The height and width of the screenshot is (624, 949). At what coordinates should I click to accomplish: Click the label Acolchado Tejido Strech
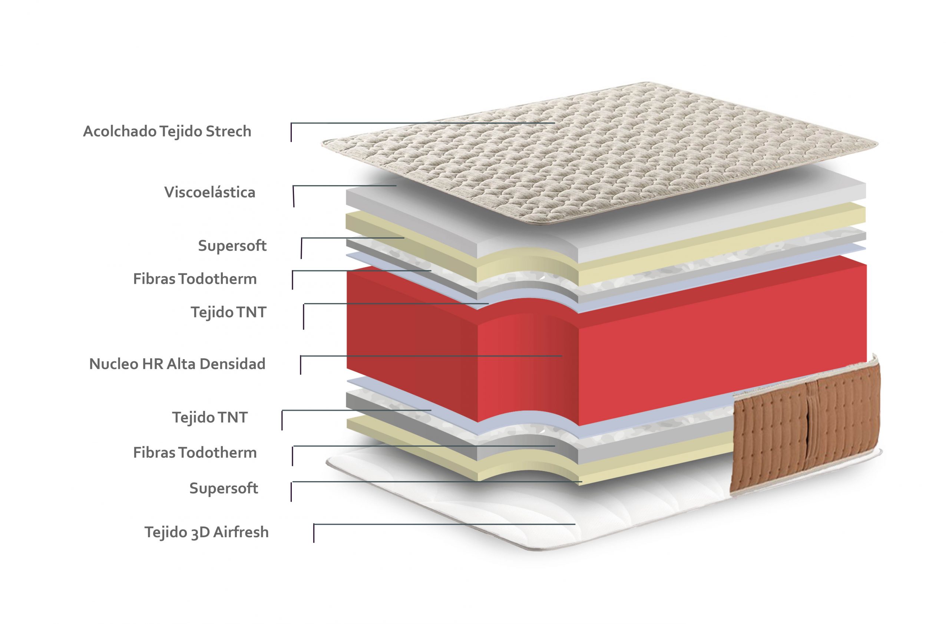[x=167, y=132]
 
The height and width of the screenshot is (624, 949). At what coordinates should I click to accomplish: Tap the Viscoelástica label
[x=210, y=192]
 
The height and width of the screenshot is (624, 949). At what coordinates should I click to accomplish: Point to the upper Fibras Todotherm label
[x=195, y=279]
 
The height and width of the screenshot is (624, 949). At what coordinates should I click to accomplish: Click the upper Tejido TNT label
[x=228, y=312]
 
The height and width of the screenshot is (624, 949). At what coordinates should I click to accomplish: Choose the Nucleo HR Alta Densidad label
[x=177, y=364]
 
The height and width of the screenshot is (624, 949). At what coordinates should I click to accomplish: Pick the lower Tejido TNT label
[x=210, y=417]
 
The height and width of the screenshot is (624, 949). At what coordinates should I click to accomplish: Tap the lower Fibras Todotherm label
[x=195, y=453]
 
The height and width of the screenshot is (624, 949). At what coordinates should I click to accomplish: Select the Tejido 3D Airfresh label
[x=206, y=532]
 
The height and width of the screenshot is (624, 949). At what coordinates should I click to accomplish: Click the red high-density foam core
[x=606, y=351]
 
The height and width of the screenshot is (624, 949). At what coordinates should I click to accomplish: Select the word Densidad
[x=232, y=364]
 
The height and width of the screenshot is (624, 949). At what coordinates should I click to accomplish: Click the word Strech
[x=228, y=132]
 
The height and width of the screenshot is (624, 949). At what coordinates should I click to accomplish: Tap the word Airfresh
[x=241, y=532]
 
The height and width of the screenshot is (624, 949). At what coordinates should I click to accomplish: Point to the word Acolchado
[x=119, y=132]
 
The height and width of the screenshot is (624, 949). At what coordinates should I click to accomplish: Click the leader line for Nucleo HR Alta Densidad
[x=431, y=355]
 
